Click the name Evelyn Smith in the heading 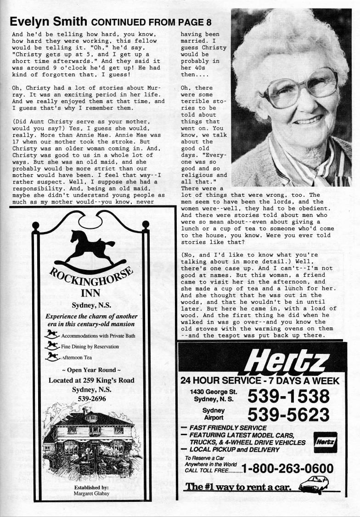point(49,22)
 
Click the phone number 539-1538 point(289,396)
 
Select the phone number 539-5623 point(289,415)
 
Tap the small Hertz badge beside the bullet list point(325,442)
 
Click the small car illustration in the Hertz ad point(316,485)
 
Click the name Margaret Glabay point(91,494)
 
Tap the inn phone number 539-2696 point(91,398)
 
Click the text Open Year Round point(91,370)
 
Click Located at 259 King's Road point(91,380)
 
